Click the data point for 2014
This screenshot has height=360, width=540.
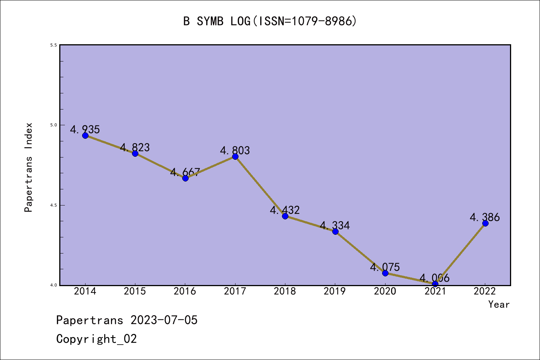pyautogui.click(x=85, y=135)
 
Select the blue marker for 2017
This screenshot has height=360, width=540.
pyautogui.click(x=235, y=156)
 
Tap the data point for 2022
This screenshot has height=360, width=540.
pyautogui.click(x=485, y=223)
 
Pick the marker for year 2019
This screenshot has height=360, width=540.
pyautogui.click(x=335, y=231)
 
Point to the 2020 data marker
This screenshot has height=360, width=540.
pyautogui.click(x=385, y=273)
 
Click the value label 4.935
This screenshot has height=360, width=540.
pyautogui.click(x=85, y=129)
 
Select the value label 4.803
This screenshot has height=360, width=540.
pyautogui.click(x=235, y=150)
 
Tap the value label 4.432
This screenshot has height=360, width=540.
pyautogui.click(x=285, y=210)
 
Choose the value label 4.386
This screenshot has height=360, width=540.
pyautogui.click(x=485, y=217)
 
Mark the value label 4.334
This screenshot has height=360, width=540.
pyautogui.click(x=335, y=225)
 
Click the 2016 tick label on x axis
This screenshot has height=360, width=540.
pyautogui.click(x=185, y=291)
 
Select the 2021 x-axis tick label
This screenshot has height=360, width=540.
pyautogui.click(x=435, y=291)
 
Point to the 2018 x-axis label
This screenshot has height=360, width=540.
pyautogui.click(x=285, y=291)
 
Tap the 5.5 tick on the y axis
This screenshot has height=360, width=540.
pyautogui.click(x=54, y=45)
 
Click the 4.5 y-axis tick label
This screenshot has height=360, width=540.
pyautogui.click(x=54, y=205)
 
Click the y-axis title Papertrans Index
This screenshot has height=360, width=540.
pyautogui.click(x=29, y=167)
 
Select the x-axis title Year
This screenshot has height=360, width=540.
pyautogui.click(x=499, y=304)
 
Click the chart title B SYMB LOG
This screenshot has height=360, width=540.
pyautogui.click(x=270, y=21)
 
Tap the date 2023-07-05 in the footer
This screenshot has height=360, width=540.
pyautogui.click(x=164, y=320)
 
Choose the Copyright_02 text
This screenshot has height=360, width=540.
pyautogui.click(x=97, y=339)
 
